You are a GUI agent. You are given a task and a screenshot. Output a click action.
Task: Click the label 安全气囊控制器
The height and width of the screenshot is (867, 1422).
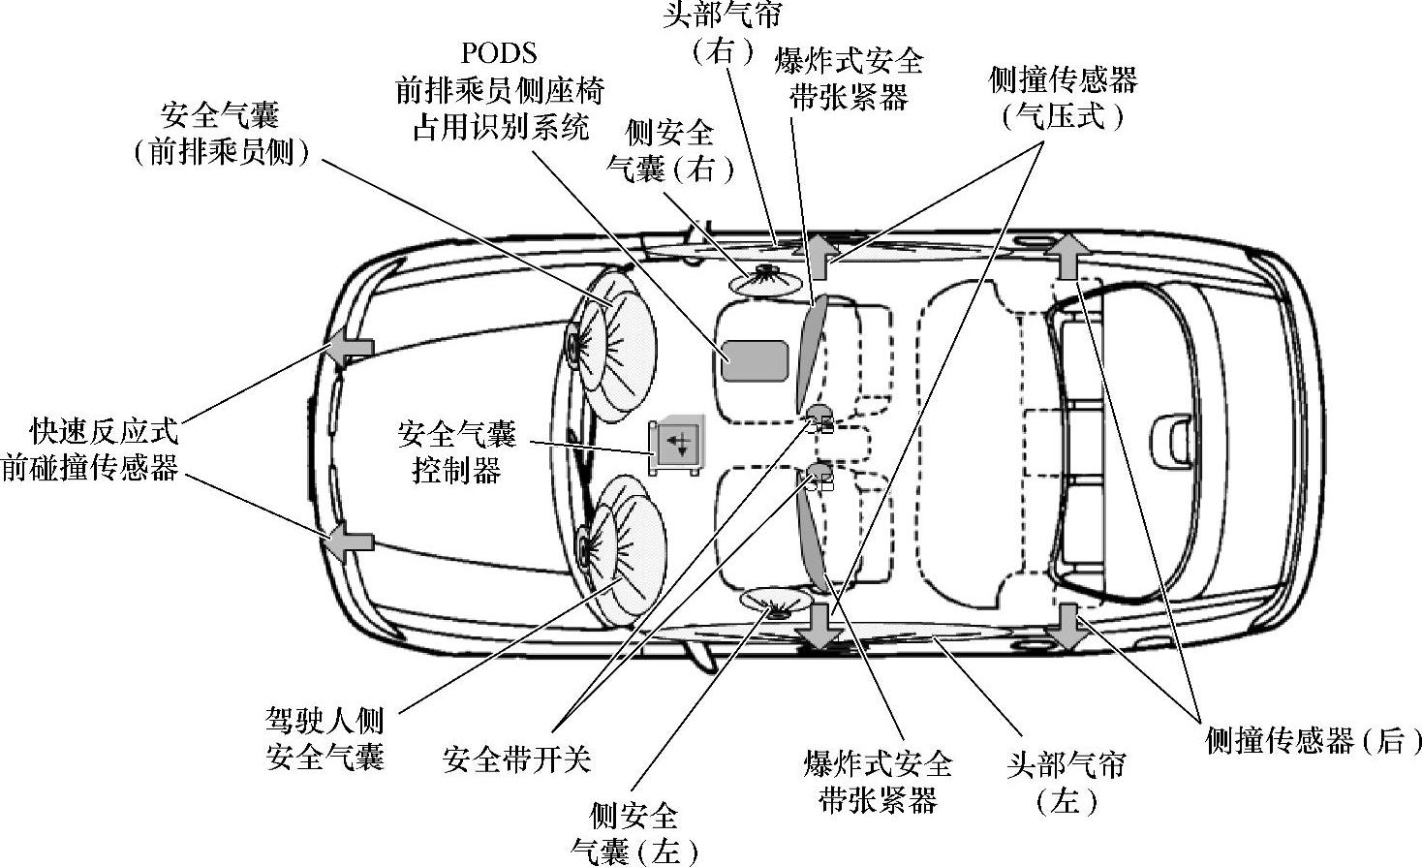click(456, 451)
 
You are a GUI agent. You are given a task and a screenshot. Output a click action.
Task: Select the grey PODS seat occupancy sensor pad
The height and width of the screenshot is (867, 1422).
click(754, 360)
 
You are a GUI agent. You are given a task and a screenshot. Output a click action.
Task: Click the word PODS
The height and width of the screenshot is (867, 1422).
click(499, 52)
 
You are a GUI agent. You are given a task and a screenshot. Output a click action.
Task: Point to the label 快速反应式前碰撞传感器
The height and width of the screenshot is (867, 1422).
click(91, 448)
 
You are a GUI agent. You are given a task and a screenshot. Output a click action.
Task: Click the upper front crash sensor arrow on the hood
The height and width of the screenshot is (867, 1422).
click(350, 347)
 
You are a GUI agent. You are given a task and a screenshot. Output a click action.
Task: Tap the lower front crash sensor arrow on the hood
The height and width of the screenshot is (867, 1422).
click(348, 542)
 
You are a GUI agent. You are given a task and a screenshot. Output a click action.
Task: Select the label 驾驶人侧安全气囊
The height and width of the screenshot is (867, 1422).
click(325, 738)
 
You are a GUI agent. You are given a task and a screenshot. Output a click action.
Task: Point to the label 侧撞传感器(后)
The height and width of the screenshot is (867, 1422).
click(1314, 741)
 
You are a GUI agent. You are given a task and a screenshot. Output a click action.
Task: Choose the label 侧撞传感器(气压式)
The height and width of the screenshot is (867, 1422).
click(1063, 98)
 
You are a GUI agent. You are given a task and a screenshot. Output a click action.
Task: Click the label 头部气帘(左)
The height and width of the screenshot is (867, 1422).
click(1066, 783)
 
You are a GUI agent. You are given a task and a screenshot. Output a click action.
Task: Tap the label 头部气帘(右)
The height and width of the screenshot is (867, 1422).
click(723, 31)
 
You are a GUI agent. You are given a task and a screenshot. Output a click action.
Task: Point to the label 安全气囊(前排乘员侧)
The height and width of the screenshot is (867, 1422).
click(221, 134)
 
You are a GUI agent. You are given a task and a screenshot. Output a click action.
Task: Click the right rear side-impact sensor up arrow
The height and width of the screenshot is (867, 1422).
click(1066, 256)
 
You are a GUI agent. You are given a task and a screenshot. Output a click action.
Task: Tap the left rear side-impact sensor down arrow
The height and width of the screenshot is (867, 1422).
click(1068, 626)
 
